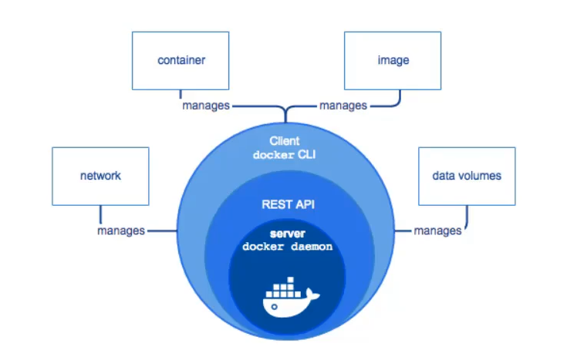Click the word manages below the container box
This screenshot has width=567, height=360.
point(206,106)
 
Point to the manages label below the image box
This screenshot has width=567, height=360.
point(343,106)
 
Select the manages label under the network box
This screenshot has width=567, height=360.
point(121,230)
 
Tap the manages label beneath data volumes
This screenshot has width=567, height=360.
point(437,230)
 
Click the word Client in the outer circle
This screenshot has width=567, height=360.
point(285,140)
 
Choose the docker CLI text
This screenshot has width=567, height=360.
point(284,155)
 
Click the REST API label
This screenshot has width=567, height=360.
point(289,204)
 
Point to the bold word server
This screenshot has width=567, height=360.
point(288,234)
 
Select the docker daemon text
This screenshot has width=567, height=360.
point(288,247)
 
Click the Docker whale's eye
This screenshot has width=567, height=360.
point(274,307)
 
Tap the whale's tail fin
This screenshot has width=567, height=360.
point(312,294)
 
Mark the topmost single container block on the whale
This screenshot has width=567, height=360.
point(290,280)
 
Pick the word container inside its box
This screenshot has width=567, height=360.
point(181,60)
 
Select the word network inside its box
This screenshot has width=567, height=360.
point(100,176)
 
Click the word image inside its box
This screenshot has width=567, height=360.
point(393,60)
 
